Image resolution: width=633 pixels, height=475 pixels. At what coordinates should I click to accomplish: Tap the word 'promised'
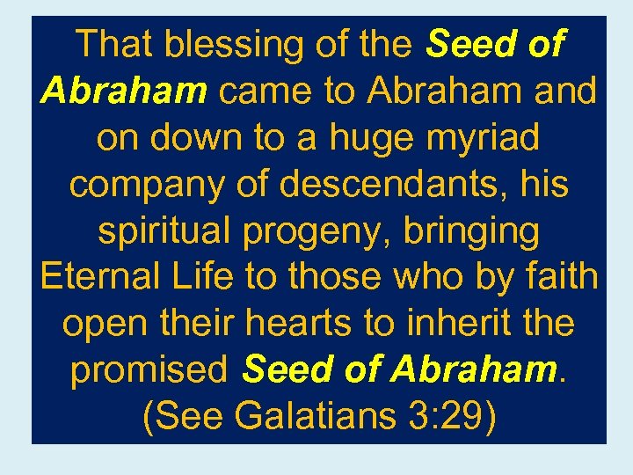coord(149,371)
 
